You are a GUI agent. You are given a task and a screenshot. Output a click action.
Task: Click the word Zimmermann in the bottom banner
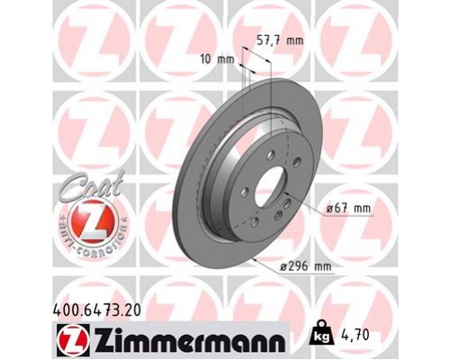click(x=186, y=340)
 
